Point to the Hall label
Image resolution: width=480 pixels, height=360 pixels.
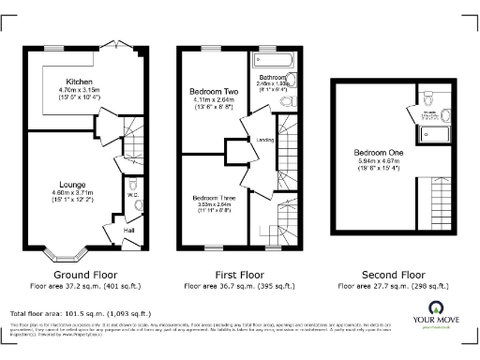coord(130,230)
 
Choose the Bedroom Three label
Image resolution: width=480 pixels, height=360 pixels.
coord(211,198)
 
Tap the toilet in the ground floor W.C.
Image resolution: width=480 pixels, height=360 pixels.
coord(137,206)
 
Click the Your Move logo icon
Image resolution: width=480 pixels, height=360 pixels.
coord(436,308)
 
